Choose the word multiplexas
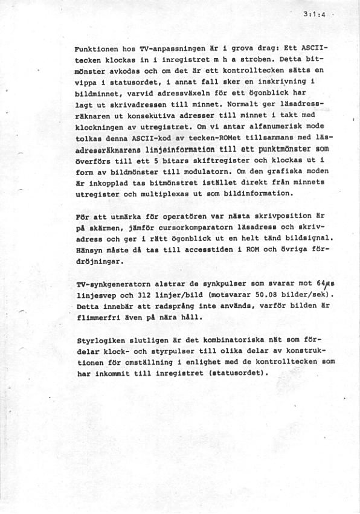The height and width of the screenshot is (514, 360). point(176,193)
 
